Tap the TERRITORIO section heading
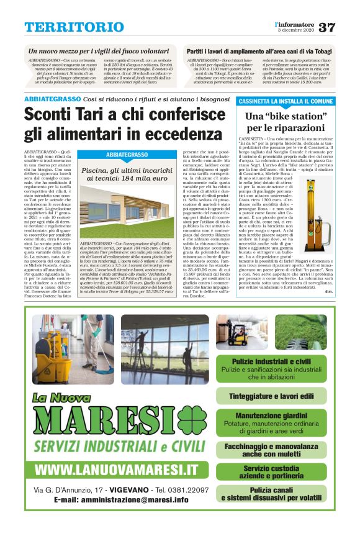pos(74,27)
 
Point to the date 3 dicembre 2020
pos(294,30)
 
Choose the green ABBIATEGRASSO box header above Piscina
pos(126,154)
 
